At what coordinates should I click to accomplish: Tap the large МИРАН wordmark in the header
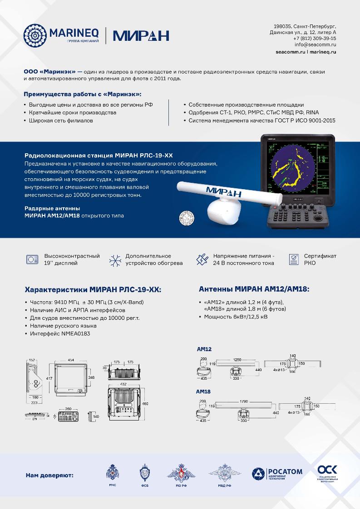pos(141,35)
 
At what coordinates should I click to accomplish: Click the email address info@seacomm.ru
pos(315,45)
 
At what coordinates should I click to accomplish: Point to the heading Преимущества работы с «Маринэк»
pos(82,94)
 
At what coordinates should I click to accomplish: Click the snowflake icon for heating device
pos(114,259)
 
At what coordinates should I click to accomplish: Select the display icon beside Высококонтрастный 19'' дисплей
pos(32,259)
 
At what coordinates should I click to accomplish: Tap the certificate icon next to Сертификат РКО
pos(294,259)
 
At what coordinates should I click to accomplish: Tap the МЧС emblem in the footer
pos(111,474)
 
